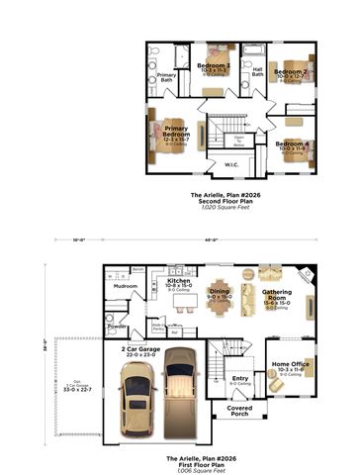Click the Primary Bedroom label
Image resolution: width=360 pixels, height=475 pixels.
177,132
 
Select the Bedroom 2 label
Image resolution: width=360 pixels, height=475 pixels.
292,72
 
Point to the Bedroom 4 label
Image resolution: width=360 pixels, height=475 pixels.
293,144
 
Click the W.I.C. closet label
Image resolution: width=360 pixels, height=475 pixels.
231,164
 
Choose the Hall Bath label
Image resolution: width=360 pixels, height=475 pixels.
257,71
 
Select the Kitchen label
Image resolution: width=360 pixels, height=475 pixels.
179,281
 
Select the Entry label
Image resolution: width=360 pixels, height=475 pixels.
240,378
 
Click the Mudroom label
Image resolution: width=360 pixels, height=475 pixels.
127,286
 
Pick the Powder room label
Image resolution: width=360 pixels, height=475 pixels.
117,324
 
